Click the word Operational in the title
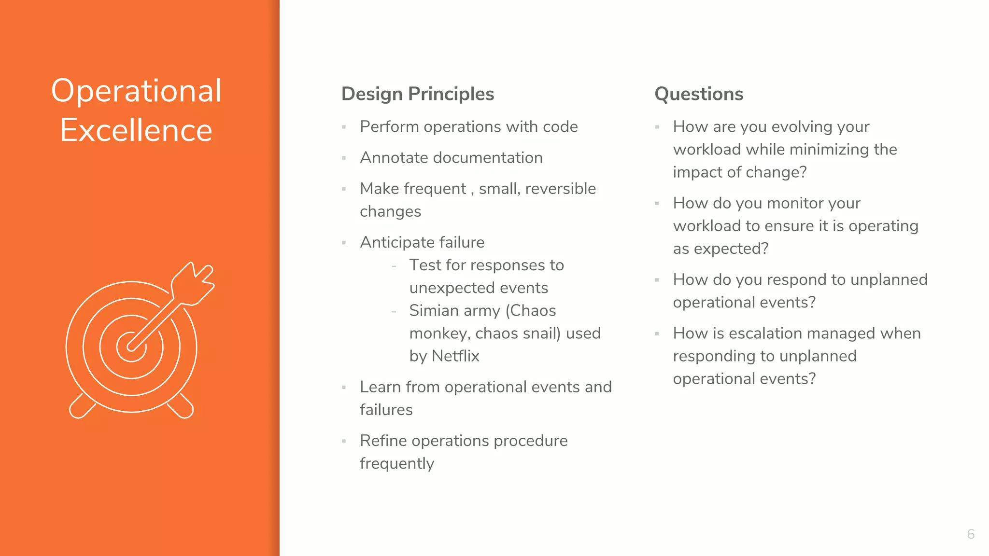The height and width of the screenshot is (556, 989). click(x=136, y=91)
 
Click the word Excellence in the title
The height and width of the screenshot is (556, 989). click(x=136, y=130)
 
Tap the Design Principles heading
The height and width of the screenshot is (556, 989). click(x=417, y=94)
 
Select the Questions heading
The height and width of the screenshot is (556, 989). click(x=698, y=94)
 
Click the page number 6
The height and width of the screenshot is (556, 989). click(x=971, y=534)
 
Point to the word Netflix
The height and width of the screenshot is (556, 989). click(x=455, y=356)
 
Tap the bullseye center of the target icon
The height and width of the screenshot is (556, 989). click(x=131, y=346)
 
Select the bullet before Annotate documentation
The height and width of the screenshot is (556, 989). click(x=344, y=158)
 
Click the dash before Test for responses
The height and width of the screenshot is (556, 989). click(x=394, y=266)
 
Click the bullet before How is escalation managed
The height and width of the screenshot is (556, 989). click(x=657, y=334)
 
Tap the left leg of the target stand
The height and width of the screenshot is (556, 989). click(x=81, y=406)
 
